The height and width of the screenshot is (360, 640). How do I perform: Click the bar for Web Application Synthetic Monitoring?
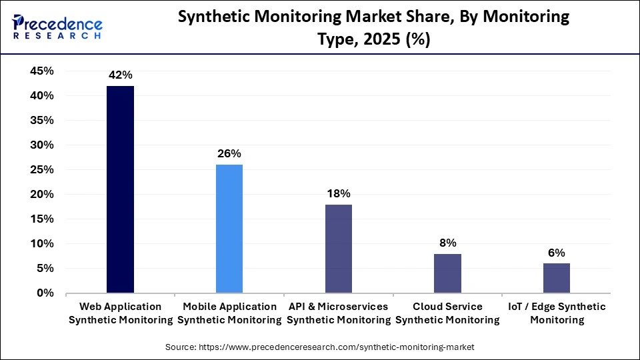tap(120, 189)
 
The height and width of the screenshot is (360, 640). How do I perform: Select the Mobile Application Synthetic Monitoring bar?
tap(229, 229)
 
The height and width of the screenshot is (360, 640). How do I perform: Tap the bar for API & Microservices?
tap(339, 249)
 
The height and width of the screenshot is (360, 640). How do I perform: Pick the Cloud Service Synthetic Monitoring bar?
tap(447, 273)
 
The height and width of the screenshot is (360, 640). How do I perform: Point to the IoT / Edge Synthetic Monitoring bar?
tap(557, 278)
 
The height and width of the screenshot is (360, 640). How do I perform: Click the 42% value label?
tap(120, 75)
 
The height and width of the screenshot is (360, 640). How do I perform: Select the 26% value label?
tap(229, 154)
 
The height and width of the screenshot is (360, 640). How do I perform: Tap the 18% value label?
tap(339, 193)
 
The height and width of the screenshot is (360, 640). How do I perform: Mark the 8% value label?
tap(447, 243)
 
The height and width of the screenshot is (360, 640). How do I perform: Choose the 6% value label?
tap(557, 253)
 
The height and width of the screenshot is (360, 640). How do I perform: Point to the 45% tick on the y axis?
tap(42, 71)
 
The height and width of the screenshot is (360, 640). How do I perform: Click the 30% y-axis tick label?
tap(42, 145)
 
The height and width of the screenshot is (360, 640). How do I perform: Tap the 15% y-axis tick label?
tap(42, 219)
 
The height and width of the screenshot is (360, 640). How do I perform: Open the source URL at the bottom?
tap(319, 348)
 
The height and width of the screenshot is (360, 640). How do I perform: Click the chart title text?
tap(373, 29)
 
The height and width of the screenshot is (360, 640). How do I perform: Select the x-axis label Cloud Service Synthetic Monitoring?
tap(447, 313)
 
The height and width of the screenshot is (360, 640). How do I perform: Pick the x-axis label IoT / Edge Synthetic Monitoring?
tap(557, 313)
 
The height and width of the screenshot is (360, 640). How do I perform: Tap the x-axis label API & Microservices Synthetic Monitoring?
tap(339, 313)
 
